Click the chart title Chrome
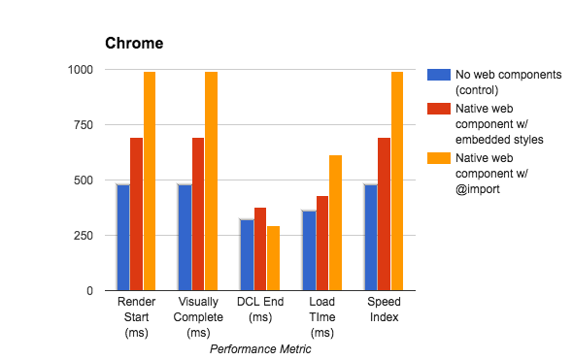tap(134, 44)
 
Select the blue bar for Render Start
tap(123, 237)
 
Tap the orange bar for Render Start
tap(150, 181)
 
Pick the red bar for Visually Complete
tap(198, 213)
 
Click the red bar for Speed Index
tap(384, 213)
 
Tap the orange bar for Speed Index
tap(396, 181)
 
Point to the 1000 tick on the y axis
tap(80, 70)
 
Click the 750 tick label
tap(84, 125)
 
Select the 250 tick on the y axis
tap(84, 236)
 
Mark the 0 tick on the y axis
tap(88, 291)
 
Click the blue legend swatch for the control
tap(437, 75)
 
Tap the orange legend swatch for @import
tap(437, 159)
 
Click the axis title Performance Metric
tap(260, 349)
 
